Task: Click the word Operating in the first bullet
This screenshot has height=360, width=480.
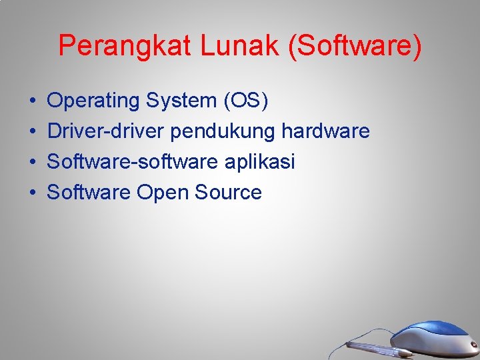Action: [x=94, y=101]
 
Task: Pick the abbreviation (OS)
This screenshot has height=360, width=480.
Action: [x=246, y=101]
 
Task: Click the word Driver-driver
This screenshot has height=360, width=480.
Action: [x=105, y=131]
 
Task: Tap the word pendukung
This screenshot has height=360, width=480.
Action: [x=222, y=132]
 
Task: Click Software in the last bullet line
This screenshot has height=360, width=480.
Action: [x=89, y=193]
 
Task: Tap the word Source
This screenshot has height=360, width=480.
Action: [x=228, y=193]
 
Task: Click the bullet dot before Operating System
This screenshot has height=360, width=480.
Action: [x=33, y=102]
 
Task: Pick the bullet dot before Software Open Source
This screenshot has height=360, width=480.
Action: [x=33, y=193]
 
